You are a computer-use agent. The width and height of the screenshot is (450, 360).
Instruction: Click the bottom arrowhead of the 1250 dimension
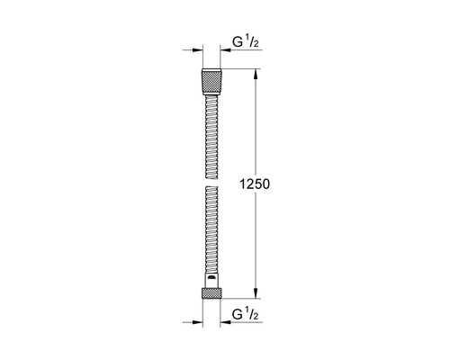click(x=257, y=292)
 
